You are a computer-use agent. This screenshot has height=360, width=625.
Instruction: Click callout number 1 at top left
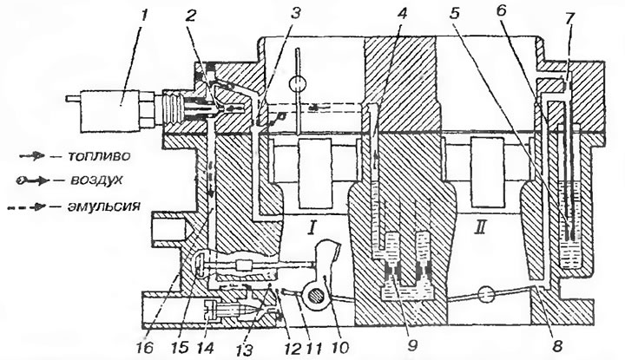(x=144, y=16)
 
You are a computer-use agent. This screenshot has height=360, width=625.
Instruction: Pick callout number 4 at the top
(x=403, y=14)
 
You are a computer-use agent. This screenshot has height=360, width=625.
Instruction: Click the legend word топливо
(x=98, y=155)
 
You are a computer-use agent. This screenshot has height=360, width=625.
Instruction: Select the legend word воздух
(x=96, y=180)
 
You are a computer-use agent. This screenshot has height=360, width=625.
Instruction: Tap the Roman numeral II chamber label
(x=481, y=228)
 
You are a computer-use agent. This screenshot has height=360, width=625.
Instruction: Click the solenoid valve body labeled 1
(x=110, y=111)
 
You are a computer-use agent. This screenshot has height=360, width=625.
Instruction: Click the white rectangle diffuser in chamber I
(x=315, y=173)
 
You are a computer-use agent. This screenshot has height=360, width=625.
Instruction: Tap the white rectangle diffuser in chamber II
(x=484, y=173)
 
